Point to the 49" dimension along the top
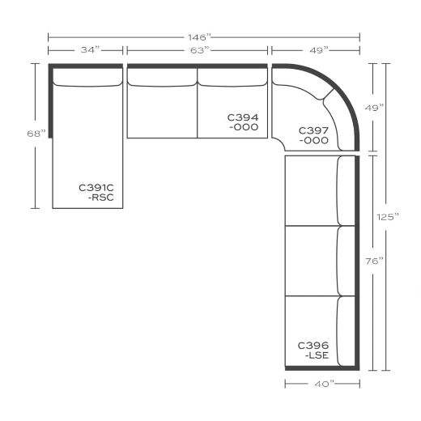point(317,50)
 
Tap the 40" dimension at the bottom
point(321,383)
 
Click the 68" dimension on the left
point(36,134)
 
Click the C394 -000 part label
point(243,122)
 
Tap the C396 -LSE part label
point(313,350)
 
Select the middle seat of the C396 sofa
point(311,261)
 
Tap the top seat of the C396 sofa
point(311,190)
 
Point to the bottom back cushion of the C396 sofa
point(347,330)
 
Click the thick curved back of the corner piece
point(344,89)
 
